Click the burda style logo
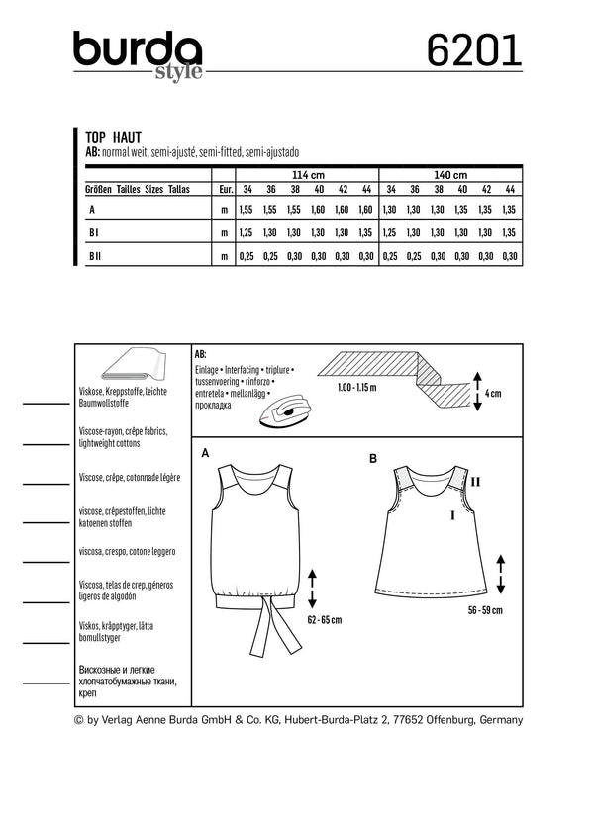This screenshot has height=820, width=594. (139, 51)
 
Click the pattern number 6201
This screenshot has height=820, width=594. (477, 49)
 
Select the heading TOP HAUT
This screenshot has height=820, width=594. (113, 141)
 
